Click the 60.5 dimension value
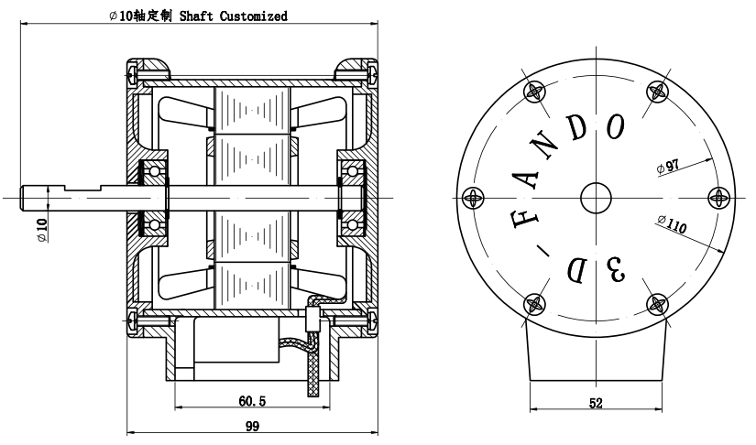[x=252, y=401]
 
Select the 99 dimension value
[x=252, y=426]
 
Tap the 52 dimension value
[x=596, y=403]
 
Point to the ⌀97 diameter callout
[x=668, y=167]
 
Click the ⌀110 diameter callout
[x=672, y=223]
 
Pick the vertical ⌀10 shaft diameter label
[x=42, y=230]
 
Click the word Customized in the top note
[x=254, y=16]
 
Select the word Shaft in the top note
[x=196, y=16]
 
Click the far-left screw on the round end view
[x=473, y=198]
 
